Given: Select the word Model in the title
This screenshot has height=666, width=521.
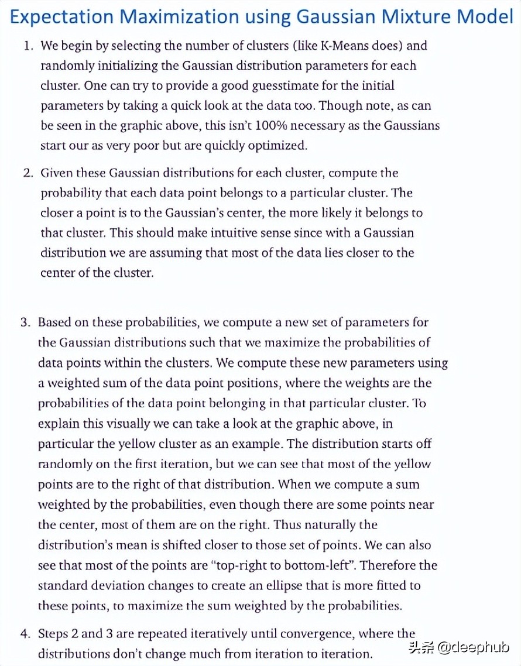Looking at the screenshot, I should [x=484, y=16].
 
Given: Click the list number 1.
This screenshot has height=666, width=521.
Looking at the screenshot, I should [x=28, y=46].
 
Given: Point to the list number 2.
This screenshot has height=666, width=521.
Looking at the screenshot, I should [x=28, y=173].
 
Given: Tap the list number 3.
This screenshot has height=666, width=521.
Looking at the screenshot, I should [x=25, y=322].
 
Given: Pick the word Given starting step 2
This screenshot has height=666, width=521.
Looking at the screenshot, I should [x=56, y=173].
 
